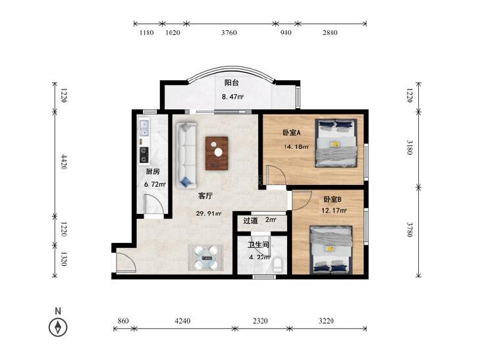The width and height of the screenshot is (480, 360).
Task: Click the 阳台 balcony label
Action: click(x=231, y=82)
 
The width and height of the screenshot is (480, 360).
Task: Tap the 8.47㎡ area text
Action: click(x=232, y=97)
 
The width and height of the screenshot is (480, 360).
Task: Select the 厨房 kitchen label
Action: click(x=153, y=172)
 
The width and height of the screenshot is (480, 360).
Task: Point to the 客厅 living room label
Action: click(x=205, y=196)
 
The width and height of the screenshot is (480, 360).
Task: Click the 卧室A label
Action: click(x=292, y=133)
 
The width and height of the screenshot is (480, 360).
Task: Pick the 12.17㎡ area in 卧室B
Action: click(x=334, y=211)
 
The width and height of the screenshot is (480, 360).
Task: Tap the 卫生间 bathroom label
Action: click(x=258, y=245)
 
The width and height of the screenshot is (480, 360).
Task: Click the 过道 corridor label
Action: click(x=250, y=220)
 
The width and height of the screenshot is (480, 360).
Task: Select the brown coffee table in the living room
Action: click(x=217, y=153)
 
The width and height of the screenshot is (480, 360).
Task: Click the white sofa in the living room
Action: click(x=186, y=155)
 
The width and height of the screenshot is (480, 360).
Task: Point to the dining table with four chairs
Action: click(x=206, y=257)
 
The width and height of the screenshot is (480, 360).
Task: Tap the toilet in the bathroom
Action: click(x=278, y=265)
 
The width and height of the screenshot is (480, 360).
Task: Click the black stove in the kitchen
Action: click(x=144, y=155)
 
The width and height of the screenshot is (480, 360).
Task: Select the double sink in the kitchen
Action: click(x=144, y=128)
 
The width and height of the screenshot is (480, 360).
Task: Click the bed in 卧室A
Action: click(x=336, y=143)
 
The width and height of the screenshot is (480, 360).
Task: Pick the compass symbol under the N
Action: click(x=58, y=327)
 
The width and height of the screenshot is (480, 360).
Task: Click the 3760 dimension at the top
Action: click(x=229, y=32)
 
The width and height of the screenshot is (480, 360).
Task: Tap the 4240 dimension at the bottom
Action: click(x=182, y=321)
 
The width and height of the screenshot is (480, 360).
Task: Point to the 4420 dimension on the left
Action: click(x=64, y=162)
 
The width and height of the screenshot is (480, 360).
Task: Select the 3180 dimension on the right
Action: click(x=410, y=147)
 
